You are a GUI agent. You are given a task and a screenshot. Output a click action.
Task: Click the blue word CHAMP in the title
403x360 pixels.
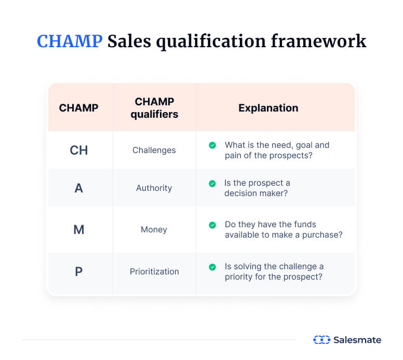[x=69, y=41]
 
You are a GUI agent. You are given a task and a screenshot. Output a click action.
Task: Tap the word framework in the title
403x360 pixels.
[x=323, y=41]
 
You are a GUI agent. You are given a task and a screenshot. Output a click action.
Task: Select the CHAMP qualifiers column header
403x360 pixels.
[x=154, y=108]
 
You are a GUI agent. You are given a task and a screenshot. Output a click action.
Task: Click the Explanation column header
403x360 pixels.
[x=268, y=108]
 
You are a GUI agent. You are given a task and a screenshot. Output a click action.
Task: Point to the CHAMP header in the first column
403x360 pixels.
[x=78, y=108]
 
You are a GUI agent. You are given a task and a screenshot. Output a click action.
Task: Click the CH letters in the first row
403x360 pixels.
[x=79, y=150]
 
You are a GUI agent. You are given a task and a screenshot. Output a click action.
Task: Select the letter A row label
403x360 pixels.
[x=79, y=188]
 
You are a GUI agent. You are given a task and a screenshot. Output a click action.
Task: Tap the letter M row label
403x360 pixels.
[x=79, y=229]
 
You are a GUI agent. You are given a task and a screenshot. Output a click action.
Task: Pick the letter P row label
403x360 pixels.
[x=79, y=271]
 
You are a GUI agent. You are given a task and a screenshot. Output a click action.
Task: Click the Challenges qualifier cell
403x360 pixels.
[x=154, y=150]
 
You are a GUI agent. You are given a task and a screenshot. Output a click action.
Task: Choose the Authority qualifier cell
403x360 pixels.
[x=154, y=188]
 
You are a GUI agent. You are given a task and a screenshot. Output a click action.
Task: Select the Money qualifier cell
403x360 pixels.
[x=154, y=229]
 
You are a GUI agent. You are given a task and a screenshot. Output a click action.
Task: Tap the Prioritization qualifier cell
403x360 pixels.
[x=154, y=271]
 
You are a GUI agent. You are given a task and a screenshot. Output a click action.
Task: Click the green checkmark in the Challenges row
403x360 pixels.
[x=212, y=145]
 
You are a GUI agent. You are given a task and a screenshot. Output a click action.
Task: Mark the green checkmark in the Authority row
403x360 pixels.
[x=212, y=183]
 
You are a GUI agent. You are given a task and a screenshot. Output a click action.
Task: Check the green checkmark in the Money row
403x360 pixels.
[x=212, y=225]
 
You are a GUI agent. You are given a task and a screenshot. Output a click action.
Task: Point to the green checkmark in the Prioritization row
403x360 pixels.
[x=212, y=267]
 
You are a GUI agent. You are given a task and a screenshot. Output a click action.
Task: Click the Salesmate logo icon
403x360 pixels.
[x=321, y=340]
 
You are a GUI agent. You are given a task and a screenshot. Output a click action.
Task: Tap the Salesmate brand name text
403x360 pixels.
[x=358, y=340]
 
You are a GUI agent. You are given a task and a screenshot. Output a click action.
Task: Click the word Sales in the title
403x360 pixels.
[x=129, y=41]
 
